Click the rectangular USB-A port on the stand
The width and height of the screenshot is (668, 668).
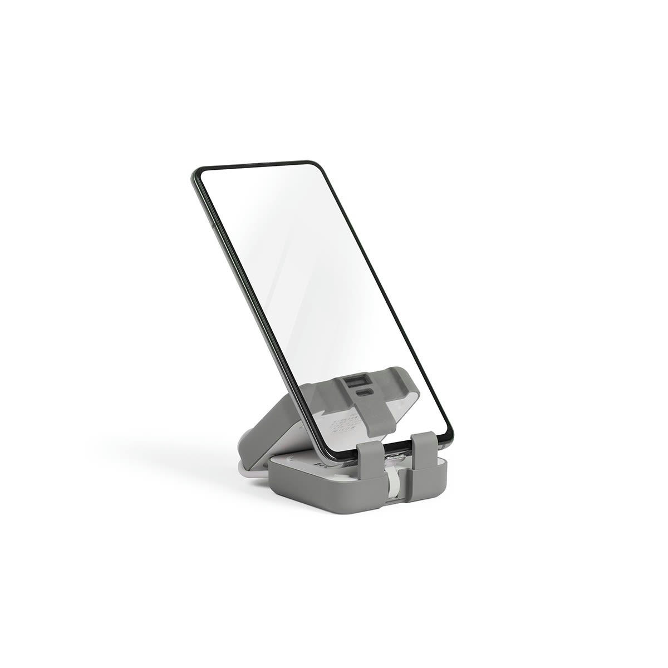coord(354,382)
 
